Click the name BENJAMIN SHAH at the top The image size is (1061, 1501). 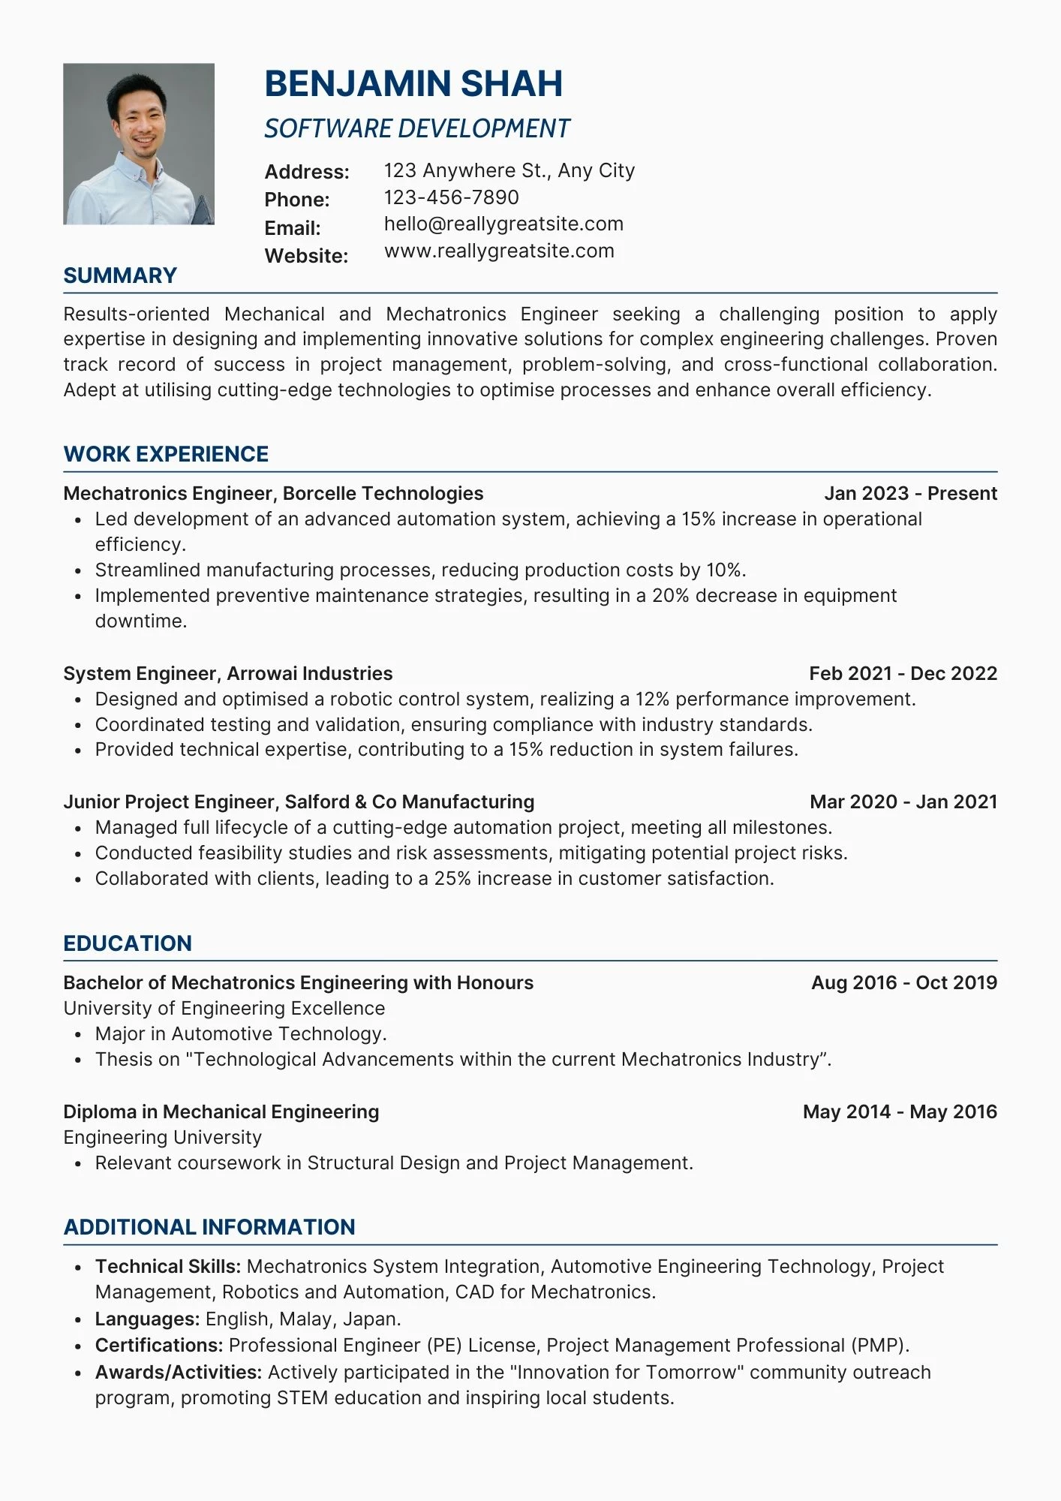coord(413,84)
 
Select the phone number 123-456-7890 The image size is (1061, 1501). coord(451,197)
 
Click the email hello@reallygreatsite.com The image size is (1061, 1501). coord(503,224)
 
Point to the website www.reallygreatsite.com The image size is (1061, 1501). coord(499,251)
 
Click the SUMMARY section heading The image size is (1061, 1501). coord(120,275)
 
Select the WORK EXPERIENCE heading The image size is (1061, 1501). coord(166,454)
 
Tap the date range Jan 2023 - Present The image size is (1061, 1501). coord(910,493)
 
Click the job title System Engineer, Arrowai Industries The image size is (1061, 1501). coord(228,673)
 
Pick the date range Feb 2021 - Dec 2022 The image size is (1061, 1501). coord(903,673)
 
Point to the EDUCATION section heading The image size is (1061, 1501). coord(128,943)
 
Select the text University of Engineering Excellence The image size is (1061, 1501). coord(224,1008)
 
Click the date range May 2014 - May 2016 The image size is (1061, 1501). coord(900,1111)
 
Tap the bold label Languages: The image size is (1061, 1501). coord(147,1319)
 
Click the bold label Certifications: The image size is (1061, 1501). coord(159,1345)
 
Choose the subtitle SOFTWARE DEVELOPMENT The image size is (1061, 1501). coord(416,129)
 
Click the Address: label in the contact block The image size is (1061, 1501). coord(307,172)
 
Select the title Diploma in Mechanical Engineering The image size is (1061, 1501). coord(221,1111)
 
